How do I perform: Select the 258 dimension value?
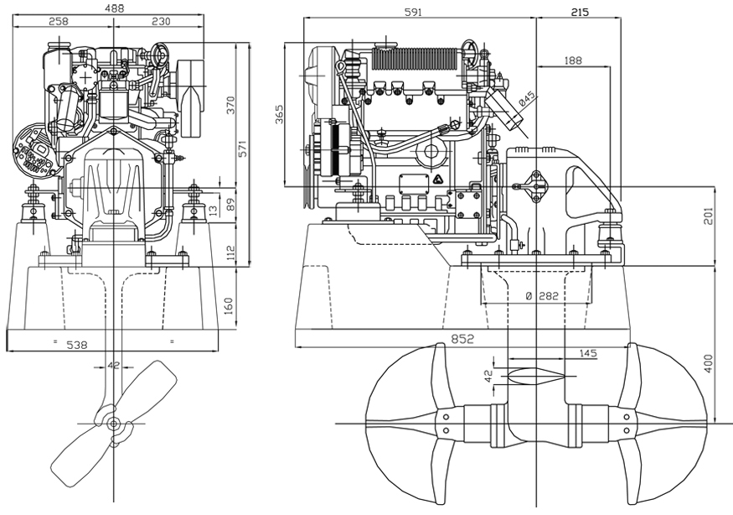tap(59, 22)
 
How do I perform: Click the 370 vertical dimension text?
tap(230, 105)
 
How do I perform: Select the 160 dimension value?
tap(230, 305)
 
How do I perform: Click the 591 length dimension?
tap(414, 12)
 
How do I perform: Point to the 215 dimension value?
tap(579, 12)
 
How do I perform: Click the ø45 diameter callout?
tap(526, 98)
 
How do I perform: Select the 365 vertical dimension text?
tap(280, 116)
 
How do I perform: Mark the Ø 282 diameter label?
tap(541, 296)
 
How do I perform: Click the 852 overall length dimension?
tap(462, 339)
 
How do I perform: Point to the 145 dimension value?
tap(587, 354)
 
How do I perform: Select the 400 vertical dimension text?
tap(708, 364)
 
